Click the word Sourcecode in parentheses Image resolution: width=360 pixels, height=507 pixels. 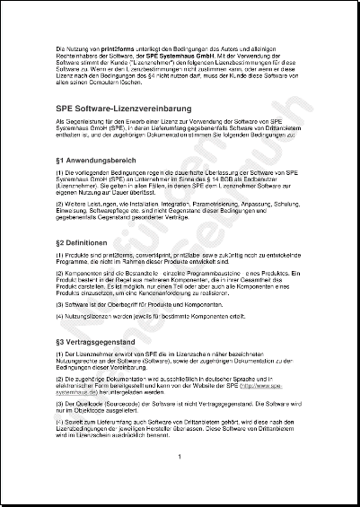tap(121, 403)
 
